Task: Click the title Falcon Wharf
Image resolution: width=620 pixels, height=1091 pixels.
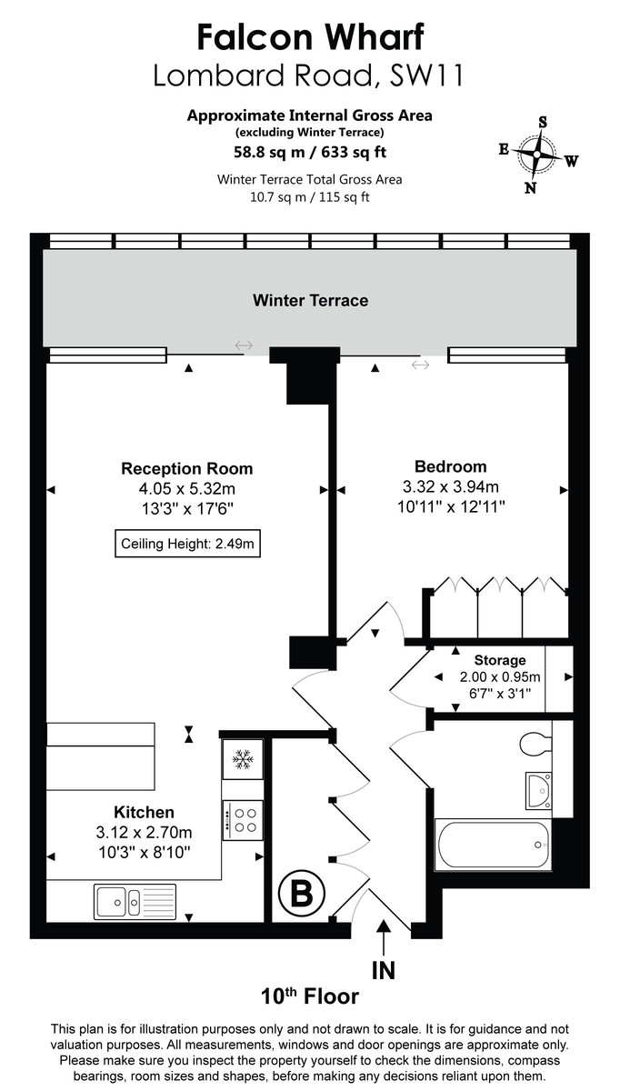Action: tap(310, 37)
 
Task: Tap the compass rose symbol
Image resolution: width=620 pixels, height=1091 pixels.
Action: tap(537, 155)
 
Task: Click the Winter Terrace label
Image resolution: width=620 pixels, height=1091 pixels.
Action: tap(310, 300)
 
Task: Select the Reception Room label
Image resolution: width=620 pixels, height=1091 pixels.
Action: tap(186, 469)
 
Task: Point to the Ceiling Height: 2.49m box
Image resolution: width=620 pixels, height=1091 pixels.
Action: tap(186, 545)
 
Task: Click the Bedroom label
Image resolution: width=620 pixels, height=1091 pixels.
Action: tap(450, 466)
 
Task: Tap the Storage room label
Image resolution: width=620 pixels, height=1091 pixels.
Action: tap(499, 660)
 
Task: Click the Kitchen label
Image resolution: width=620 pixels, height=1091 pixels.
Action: tap(144, 812)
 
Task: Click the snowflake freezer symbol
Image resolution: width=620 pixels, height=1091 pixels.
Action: tap(243, 758)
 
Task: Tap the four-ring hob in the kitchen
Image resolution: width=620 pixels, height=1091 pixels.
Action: tap(243, 820)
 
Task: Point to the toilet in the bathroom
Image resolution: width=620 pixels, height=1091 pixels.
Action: tap(536, 743)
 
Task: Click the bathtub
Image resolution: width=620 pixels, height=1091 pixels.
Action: tap(493, 845)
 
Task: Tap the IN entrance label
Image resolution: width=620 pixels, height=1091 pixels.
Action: tap(384, 970)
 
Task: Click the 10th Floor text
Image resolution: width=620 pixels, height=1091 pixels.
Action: tap(310, 996)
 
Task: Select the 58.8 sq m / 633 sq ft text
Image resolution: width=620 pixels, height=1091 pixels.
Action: tap(310, 151)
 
